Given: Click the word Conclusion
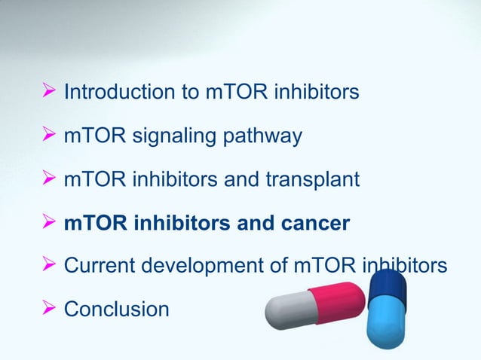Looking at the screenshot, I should coord(117,310).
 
